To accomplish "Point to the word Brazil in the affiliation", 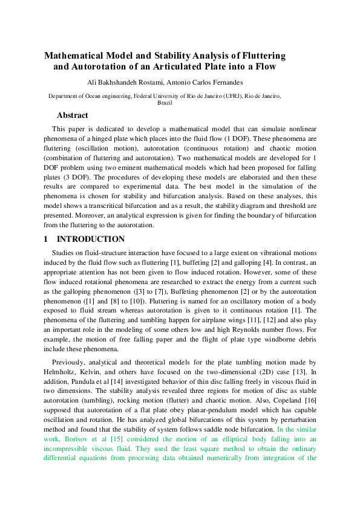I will tap(165, 103).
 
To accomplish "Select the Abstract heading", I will tap(73, 115).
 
